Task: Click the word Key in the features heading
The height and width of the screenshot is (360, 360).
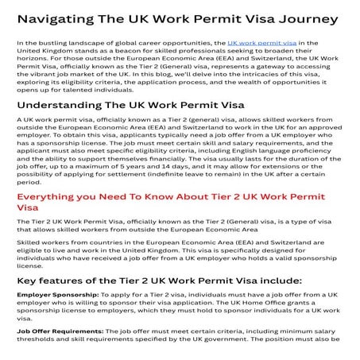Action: pyautogui.click(x=29, y=281)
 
